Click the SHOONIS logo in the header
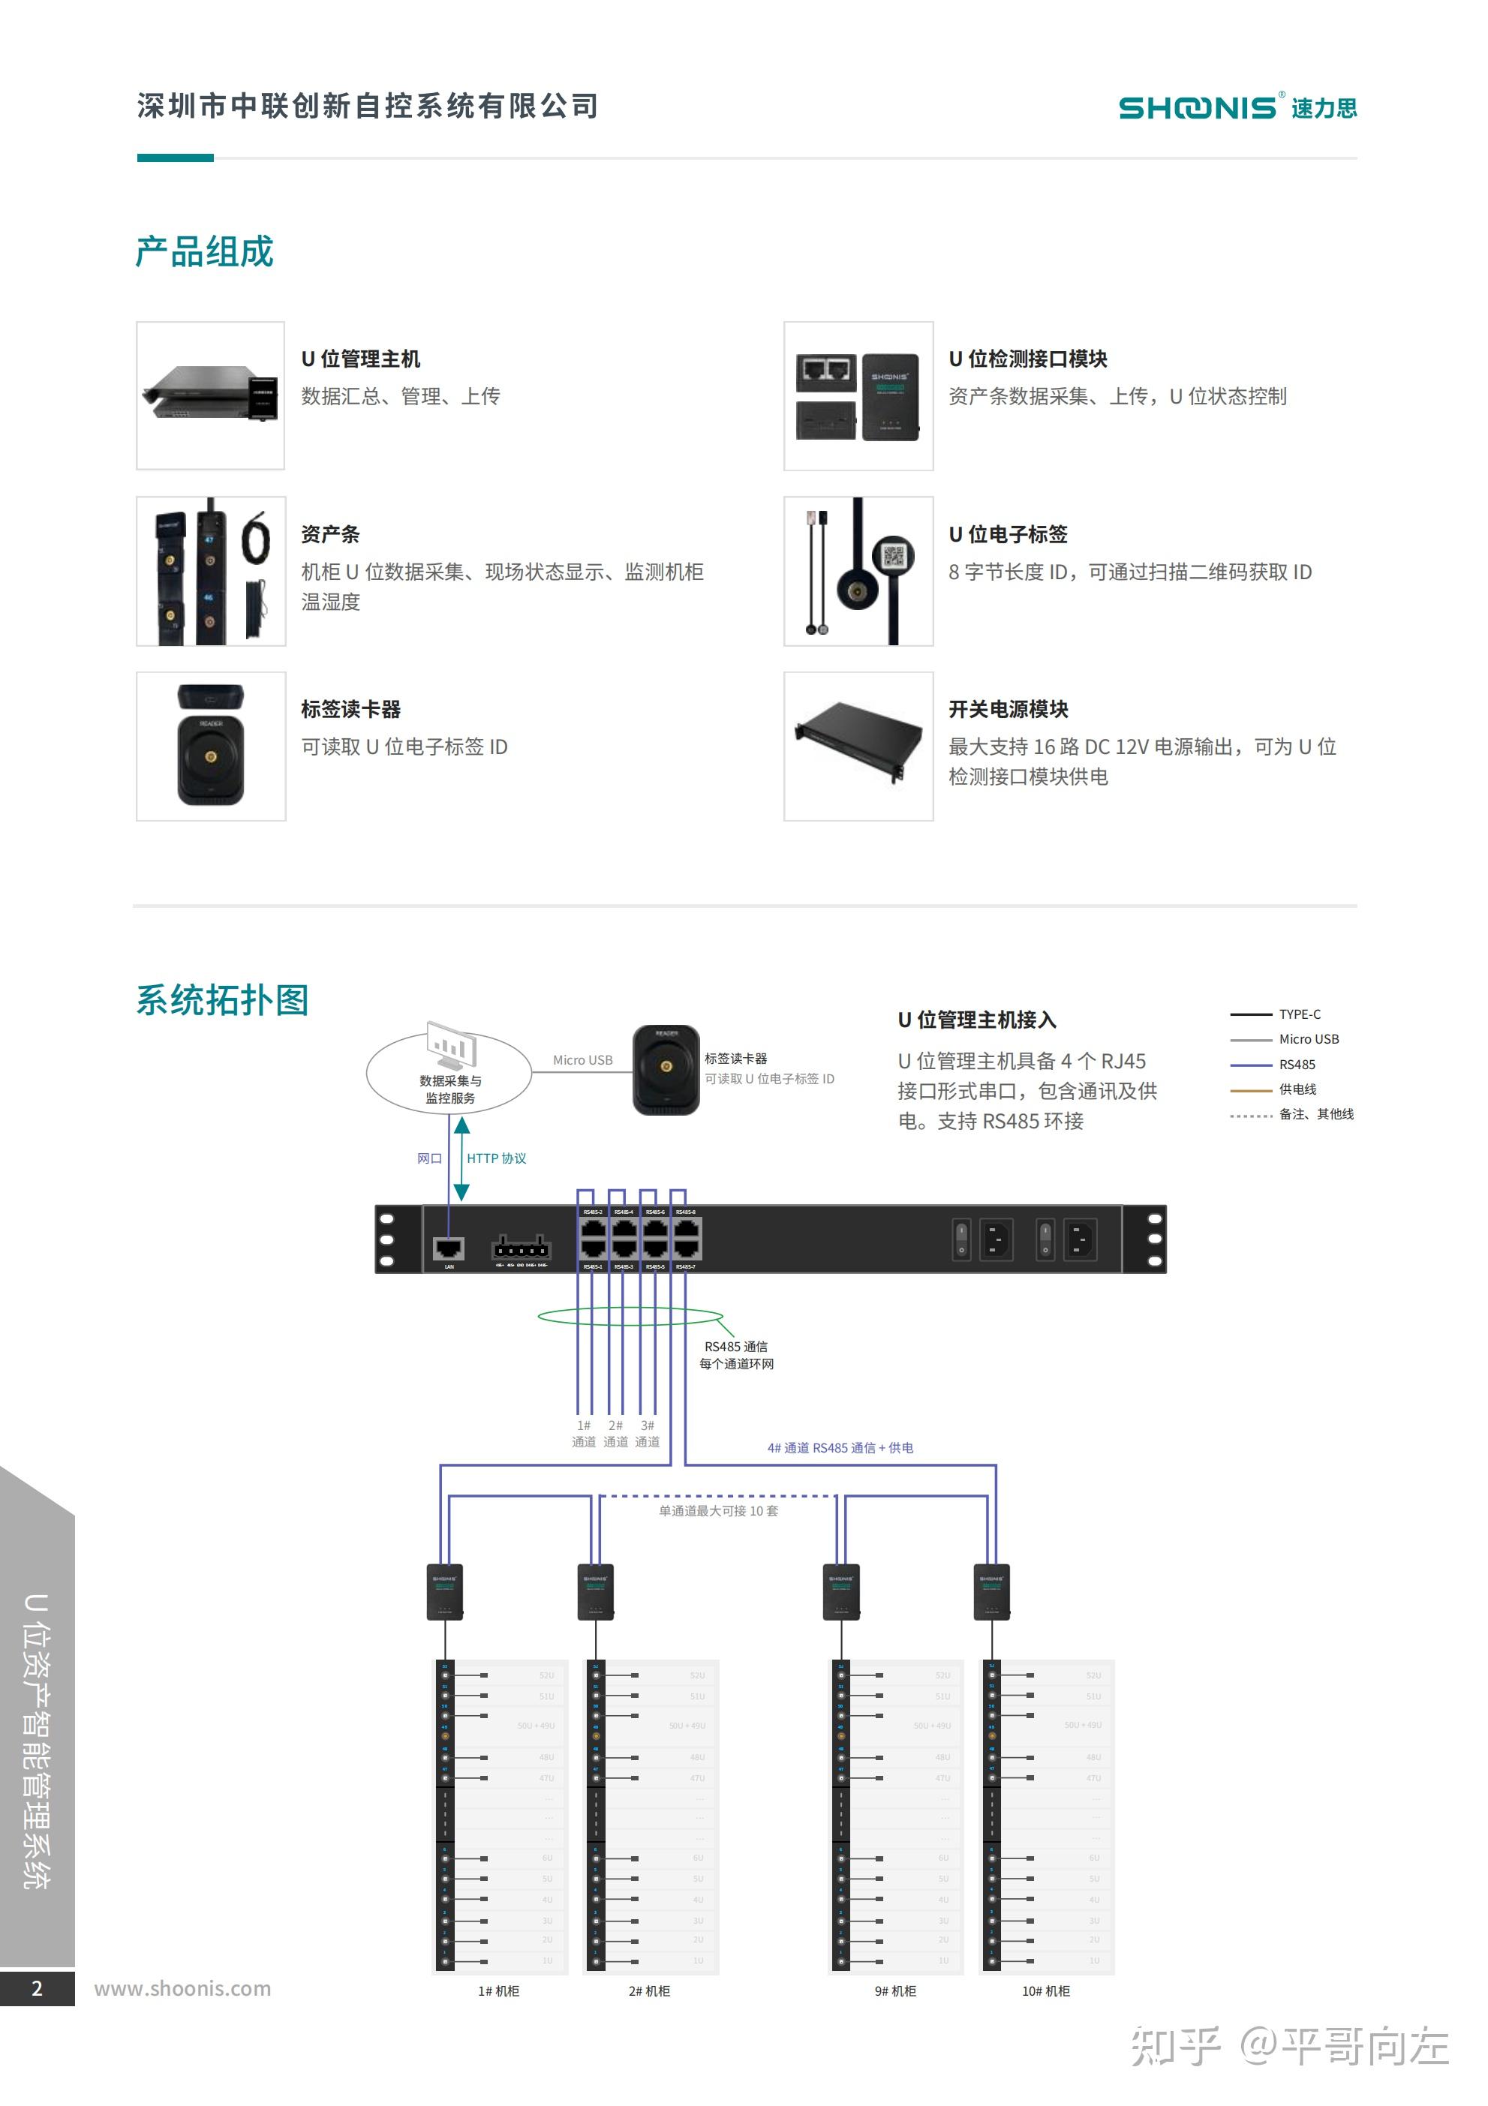point(1236,107)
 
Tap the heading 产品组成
point(205,252)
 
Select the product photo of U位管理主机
point(211,395)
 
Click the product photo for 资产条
point(211,572)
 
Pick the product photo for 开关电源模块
point(858,747)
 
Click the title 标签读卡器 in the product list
point(350,709)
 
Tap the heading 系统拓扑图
point(222,1000)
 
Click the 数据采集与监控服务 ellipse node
point(449,1073)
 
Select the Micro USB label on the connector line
point(582,1060)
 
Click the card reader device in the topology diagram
point(666,1071)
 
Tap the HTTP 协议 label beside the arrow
point(496,1158)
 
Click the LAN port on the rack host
point(449,1248)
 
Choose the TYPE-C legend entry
point(1299,1014)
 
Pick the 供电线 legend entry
point(1297,1089)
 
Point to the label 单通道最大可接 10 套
point(718,1511)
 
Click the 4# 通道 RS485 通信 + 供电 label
point(840,1447)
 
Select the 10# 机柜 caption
point(1046,1990)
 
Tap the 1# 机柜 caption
point(498,1990)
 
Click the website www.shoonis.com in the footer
point(182,1989)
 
